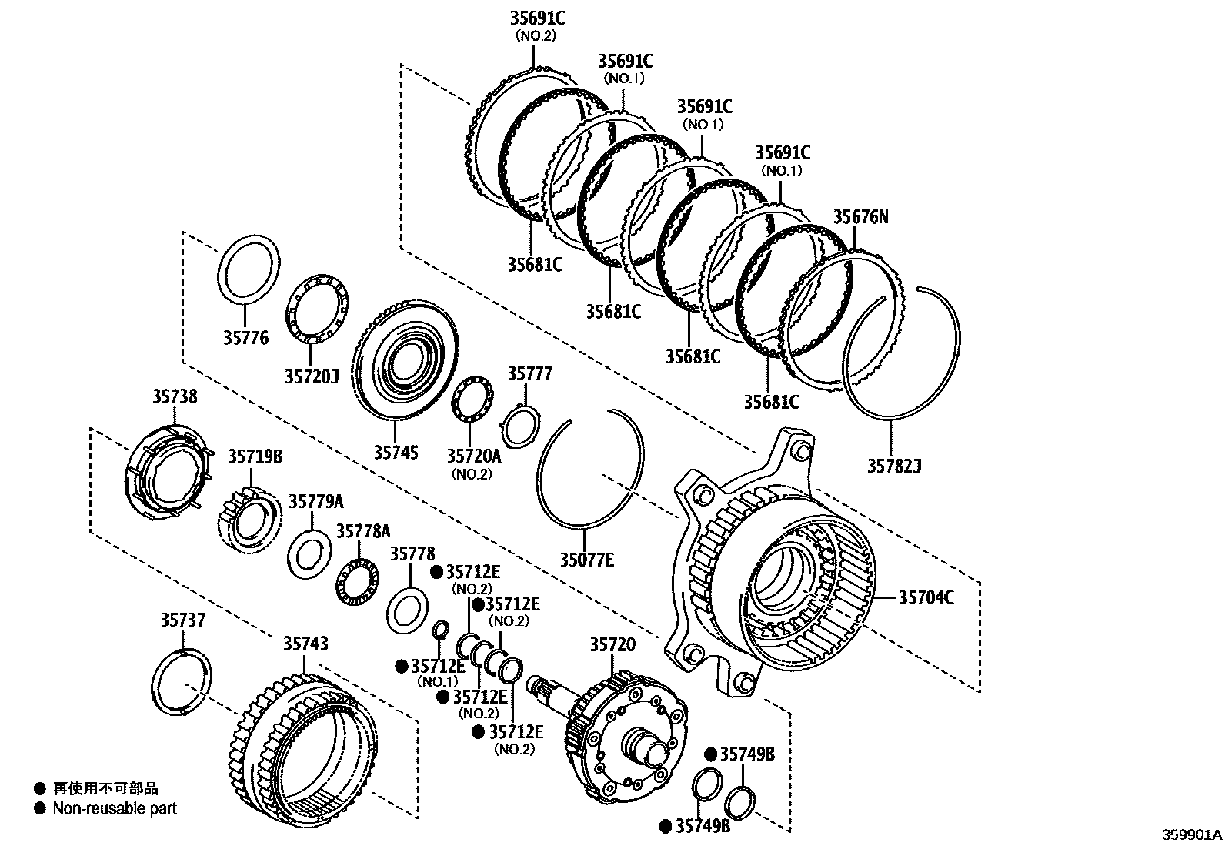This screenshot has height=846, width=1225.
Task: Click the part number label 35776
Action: (x=246, y=338)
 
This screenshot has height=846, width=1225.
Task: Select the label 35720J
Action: (x=312, y=376)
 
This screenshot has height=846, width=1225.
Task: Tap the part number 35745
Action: (x=396, y=452)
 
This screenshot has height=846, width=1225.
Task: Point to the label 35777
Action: (x=529, y=374)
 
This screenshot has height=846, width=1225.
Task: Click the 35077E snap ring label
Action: (x=586, y=560)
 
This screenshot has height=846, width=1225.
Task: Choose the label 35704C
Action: (x=926, y=597)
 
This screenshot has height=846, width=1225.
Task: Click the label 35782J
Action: (x=894, y=466)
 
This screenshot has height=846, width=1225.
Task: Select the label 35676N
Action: (x=860, y=217)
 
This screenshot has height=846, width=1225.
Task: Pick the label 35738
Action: (x=175, y=396)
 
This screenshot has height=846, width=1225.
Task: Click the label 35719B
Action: (x=255, y=456)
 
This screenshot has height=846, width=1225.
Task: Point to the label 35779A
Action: (x=315, y=501)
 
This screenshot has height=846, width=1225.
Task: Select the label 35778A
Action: (x=363, y=531)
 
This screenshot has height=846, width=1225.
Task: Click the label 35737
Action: (x=183, y=620)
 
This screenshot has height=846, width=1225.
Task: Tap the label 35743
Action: (x=305, y=644)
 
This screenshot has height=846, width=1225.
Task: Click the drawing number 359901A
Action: (x=1191, y=834)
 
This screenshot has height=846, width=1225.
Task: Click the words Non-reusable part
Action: (x=115, y=809)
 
